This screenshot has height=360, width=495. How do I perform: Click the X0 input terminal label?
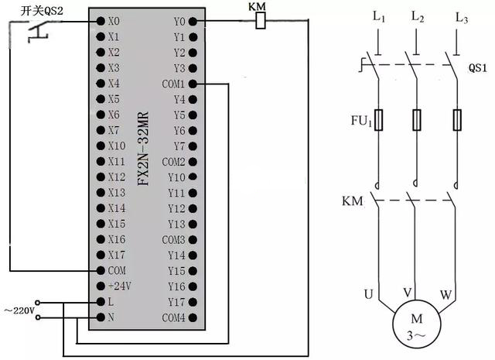click(114, 21)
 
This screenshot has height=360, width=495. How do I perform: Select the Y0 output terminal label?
click(179, 21)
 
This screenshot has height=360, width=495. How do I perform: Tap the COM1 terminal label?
click(174, 84)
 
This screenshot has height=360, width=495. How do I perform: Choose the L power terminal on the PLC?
click(111, 302)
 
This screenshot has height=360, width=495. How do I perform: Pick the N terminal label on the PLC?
click(111, 318)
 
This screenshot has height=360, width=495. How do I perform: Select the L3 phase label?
click(462, 18)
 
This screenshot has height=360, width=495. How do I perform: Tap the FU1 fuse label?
click(360, 121)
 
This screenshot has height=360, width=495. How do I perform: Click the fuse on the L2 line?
click(418, 120)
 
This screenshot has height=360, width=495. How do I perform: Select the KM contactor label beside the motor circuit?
click(352, 201)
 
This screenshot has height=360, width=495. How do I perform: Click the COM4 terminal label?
click(174, 318)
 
